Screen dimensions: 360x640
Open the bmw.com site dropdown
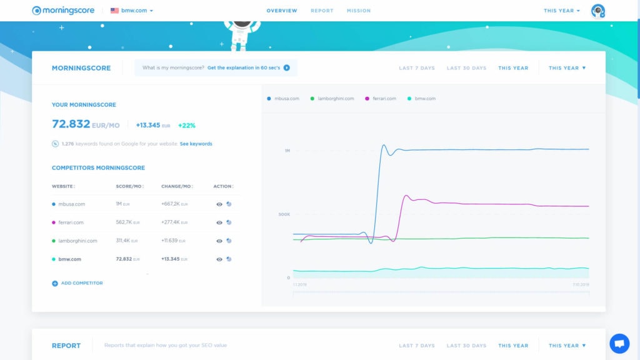[132, 11]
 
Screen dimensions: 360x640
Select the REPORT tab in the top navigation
[322, 11]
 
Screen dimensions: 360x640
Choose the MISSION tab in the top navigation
[359, 11]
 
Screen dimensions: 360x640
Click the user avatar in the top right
[597, 11]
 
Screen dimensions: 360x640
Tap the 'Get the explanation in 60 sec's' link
[248, 67]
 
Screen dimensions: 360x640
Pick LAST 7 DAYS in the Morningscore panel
[417, 68]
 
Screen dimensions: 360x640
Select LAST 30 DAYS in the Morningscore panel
[466, 68]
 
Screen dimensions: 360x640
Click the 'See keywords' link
[196, 144]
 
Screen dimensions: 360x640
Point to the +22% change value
[186, 126]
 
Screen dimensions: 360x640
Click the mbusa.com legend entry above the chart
[284, 99]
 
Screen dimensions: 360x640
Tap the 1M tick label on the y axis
[287, 151]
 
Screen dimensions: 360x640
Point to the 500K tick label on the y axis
[284, 214]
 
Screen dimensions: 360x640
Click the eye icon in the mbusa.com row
[219, 204]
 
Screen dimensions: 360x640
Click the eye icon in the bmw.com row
[219, 259]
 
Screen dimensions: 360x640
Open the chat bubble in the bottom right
[619, 343]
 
